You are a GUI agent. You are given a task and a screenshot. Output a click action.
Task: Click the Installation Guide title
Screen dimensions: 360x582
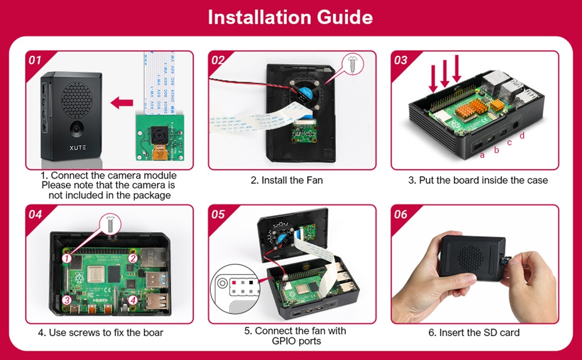[x=290, y=17]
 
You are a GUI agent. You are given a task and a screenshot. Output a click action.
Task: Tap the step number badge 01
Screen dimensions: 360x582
[x=36, y=60]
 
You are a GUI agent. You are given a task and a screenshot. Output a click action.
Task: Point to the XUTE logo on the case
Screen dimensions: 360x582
[x=71, y=148]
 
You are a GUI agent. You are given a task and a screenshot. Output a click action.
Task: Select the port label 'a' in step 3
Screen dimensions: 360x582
[x=482, y=155]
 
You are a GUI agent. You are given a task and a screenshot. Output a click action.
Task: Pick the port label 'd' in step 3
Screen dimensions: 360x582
[x=521, y=136]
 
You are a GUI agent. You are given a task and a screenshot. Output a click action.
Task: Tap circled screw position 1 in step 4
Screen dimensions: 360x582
[x=67, y=257]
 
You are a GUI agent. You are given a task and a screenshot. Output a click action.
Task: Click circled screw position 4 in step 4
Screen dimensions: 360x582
[x=133, y=300]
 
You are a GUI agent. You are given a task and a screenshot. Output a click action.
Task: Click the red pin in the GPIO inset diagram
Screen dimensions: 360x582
[x=234, y=283]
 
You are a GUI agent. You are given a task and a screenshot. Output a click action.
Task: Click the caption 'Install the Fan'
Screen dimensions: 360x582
[x=287, y=180]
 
